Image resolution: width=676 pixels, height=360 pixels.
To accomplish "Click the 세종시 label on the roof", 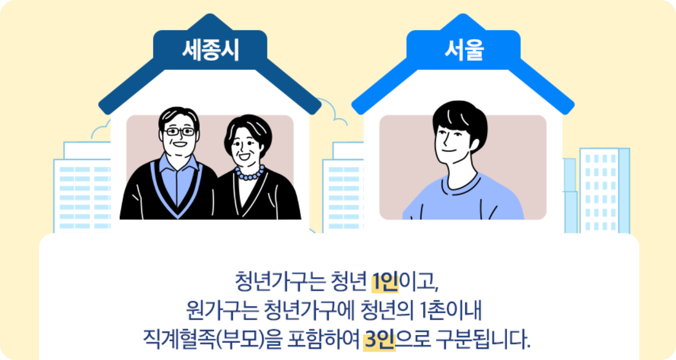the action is click(x=210, y=51).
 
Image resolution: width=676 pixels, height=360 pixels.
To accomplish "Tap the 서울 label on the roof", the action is click(x=464, y=51).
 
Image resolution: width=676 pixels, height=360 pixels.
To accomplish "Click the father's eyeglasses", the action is click(x=179, y=132).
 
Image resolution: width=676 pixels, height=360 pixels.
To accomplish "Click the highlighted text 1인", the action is click(x=384, y=282).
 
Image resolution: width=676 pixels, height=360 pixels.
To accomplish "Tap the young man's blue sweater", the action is click(x=464, y=198).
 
